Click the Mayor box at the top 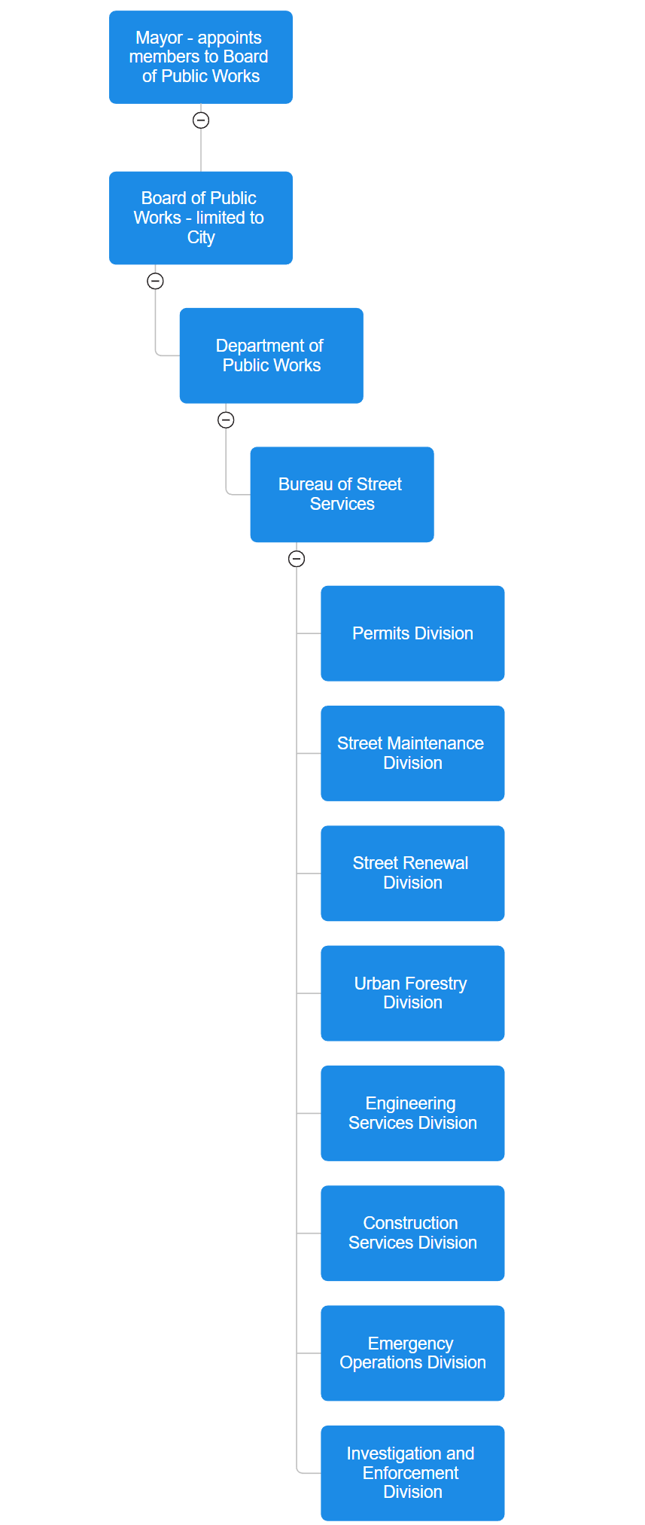tap(200, 57)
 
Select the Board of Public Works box tap(200, 218)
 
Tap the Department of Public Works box tap(271, 355)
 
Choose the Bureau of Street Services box tap(342, 494)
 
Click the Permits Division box tap(412, 633)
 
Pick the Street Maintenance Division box tap(412, 753)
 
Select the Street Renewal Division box tap(412, 873)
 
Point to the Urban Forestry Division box tap(412, 993)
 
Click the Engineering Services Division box tap(412, 1113)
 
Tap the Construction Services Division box tap(412, 1233)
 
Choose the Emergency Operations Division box tap(412, 1353)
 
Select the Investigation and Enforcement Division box tap(412, 1472)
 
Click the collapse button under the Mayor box tap(201, 120)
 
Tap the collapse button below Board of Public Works tap(155, 281)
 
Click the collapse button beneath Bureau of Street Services tap(297, 559)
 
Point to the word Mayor tap(159, 38)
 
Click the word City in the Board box tap(201, 237)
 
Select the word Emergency tap(410, 1344)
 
